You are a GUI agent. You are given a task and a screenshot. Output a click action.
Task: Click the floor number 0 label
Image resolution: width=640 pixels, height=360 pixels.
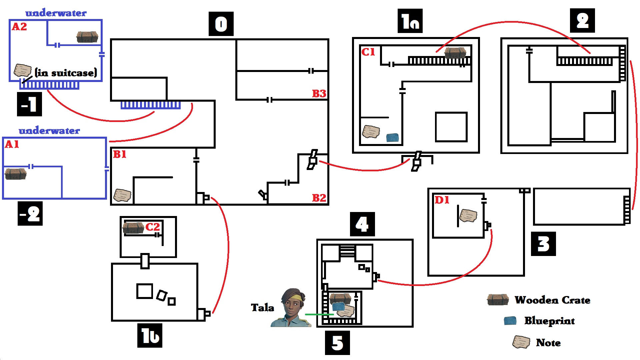point(221,24)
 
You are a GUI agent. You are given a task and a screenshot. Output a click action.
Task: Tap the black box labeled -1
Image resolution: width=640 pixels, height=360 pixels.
point(29,104)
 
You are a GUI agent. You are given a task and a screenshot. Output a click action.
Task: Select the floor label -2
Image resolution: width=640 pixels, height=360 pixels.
point(30,214)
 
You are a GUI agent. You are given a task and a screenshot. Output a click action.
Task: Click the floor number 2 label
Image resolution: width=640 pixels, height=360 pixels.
point(582,21)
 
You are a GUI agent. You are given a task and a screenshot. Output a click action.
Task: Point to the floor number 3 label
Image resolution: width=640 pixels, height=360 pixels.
point(543,244)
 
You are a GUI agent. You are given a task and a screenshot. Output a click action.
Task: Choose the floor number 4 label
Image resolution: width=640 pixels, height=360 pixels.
point(362,224)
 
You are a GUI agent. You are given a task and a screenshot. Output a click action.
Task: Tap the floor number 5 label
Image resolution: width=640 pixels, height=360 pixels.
point(337,343)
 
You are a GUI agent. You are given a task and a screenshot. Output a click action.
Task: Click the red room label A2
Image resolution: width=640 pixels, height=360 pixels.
point(19,27)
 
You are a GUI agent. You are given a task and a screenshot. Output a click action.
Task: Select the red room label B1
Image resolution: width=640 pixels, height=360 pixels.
point(120,154)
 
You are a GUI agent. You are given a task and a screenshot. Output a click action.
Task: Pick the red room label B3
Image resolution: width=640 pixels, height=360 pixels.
point(319,94)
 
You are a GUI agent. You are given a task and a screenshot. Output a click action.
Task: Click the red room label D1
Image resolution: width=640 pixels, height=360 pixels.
point(442,200)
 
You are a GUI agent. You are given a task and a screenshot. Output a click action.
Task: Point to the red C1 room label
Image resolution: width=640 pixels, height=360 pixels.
point(368,52)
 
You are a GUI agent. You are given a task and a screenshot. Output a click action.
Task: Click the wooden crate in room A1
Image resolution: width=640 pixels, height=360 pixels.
point(15,174)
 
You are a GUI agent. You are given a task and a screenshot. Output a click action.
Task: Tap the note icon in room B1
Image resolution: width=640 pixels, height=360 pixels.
point(122,195)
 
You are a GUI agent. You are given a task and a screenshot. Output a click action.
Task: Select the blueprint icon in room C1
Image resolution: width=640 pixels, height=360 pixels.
point(392,137)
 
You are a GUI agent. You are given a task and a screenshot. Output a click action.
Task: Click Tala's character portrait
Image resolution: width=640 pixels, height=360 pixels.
point(292,308)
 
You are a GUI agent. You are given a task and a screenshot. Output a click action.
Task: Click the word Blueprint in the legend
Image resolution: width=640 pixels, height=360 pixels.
point(549,321)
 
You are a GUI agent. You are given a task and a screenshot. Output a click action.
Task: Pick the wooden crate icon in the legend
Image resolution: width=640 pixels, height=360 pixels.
point(498,300)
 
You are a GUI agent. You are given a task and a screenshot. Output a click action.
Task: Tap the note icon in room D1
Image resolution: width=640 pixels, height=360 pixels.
point(468,216)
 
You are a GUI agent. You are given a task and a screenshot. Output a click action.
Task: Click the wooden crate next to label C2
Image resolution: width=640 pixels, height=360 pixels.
point(133,228)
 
